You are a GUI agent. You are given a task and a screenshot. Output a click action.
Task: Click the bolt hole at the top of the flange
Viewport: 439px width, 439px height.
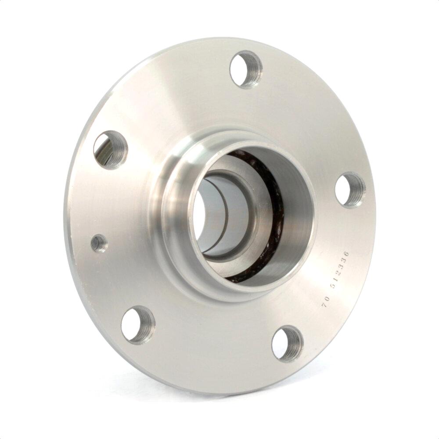[246, 69]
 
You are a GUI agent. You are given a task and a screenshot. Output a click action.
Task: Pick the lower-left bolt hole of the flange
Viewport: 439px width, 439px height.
[138, 325]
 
